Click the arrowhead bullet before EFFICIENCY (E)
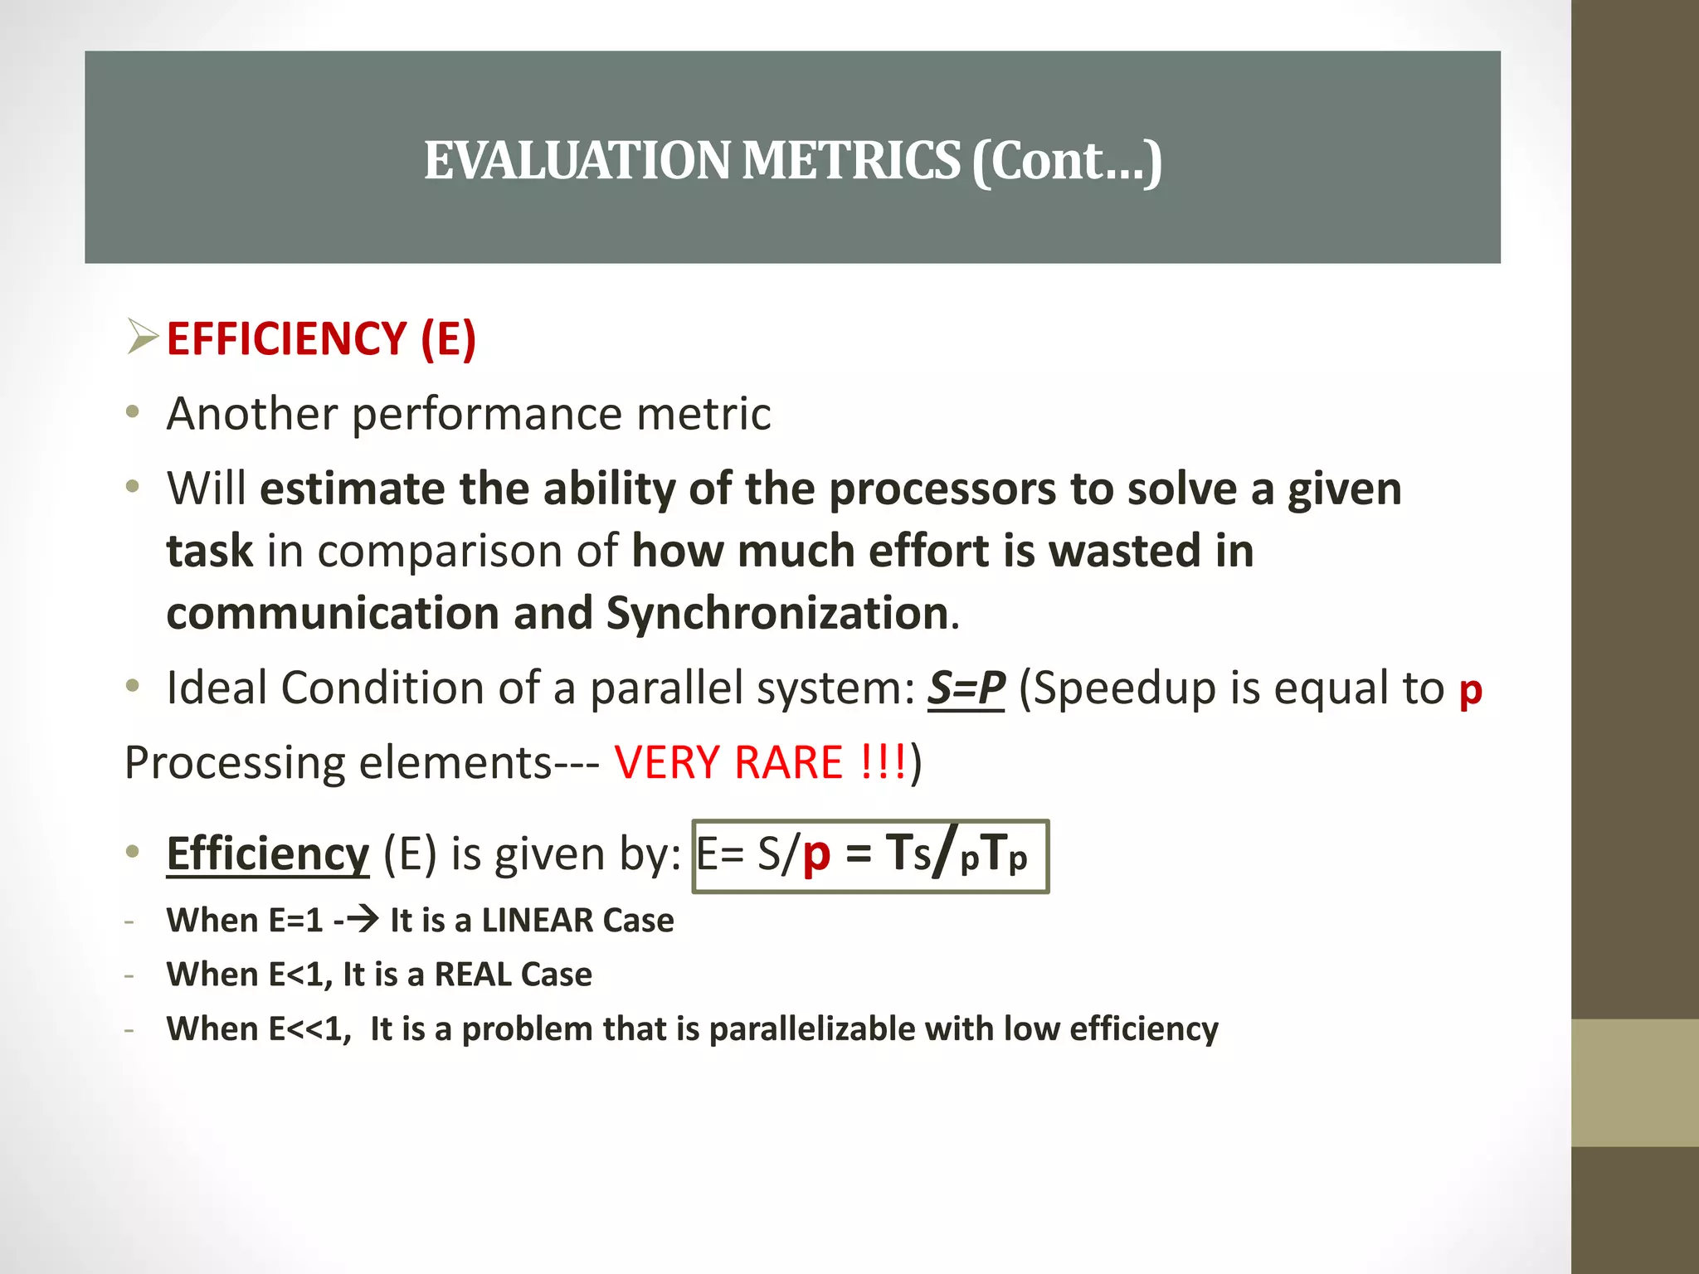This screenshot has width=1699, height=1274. (142, 337)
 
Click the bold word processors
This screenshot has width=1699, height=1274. (942, 489)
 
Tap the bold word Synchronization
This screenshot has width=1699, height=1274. (777, 613)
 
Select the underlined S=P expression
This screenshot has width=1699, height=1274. (966, 688)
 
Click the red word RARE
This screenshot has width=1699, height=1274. (788, 762)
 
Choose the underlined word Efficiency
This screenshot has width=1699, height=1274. (267, 853)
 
